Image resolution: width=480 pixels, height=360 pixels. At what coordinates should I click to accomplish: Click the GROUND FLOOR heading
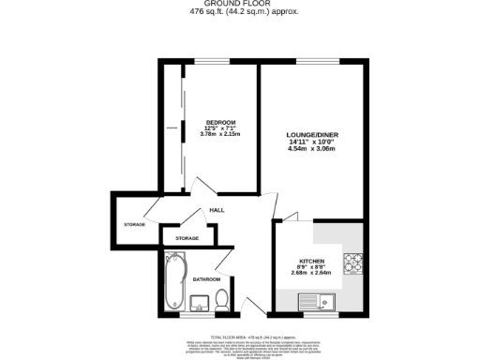pyautogui.click(x=239, y=4)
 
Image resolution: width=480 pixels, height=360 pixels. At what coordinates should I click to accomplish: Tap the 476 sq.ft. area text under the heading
pyautogui.click(x=239, y=12)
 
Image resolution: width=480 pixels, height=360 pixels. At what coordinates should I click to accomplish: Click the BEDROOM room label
pyautogui.click(x=220, y=123)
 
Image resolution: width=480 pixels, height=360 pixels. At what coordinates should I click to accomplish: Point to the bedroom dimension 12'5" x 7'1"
pyautogui.click(x=220, y=129)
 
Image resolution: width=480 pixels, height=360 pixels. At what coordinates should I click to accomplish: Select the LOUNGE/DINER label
pyautogui.click(x=311, y=135)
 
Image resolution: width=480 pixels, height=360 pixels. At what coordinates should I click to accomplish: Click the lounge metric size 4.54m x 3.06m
pyautogui.click(x=311, y=149)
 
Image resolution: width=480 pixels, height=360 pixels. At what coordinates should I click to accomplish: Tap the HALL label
pyautogui.click(x=216, y=210)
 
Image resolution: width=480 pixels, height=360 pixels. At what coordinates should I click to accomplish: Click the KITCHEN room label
pyautogui.click(x=311, y=261)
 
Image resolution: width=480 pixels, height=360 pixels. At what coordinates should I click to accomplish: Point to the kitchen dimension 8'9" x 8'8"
pyautogui.click(x=311, y=267)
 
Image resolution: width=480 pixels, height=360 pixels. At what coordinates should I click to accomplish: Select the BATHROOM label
pyautogui.click(x=206, y=279)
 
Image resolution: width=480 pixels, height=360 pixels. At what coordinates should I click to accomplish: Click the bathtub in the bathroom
pyautogui.click(x=173, y=280)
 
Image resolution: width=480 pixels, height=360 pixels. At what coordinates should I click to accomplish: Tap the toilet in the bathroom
pyautogui.click(x=222, y=300)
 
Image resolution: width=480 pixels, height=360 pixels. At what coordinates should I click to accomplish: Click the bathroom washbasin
pyautogui.click(x=199, y=302)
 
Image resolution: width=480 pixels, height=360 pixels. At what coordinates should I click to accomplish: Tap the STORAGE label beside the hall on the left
pyautogui.click(x=134, y=225)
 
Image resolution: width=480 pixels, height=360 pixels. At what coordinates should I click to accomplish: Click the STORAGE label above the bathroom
pyautogui.click(x=187, y=239)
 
